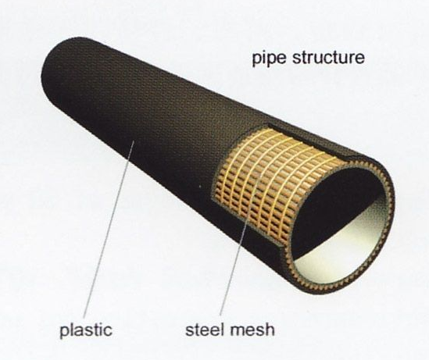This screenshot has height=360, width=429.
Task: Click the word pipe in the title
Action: pos(270,59)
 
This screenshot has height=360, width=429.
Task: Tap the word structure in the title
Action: pos(329,57)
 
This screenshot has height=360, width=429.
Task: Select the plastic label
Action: pos(86,330)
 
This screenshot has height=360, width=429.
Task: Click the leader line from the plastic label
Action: pos(109,229)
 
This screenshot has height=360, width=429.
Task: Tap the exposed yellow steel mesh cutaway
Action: pos(273,180)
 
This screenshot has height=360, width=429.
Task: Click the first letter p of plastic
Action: pos(64,332)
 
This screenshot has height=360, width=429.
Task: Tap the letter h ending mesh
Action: pos(270,329)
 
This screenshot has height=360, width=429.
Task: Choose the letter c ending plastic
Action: pos(108,331)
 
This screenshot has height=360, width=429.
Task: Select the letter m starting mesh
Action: pos(237,331)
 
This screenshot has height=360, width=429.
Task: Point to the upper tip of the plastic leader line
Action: pos(134,141)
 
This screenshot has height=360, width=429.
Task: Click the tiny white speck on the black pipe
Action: pos(200,187)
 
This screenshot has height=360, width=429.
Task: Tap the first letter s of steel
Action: pos(189,331)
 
